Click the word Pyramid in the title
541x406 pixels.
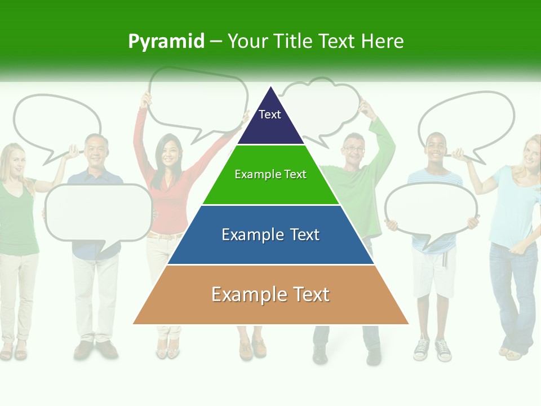[x=166, y=42]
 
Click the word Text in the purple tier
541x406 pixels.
[x=269, y=114]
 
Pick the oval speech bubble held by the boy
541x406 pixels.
[x=431, y=208]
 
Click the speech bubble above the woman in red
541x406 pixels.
[x=197, y=99]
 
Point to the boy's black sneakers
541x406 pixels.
[x=432, y=350]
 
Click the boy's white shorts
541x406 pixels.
[x=433, y=273]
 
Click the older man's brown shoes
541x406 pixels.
[x=95, y=350]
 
